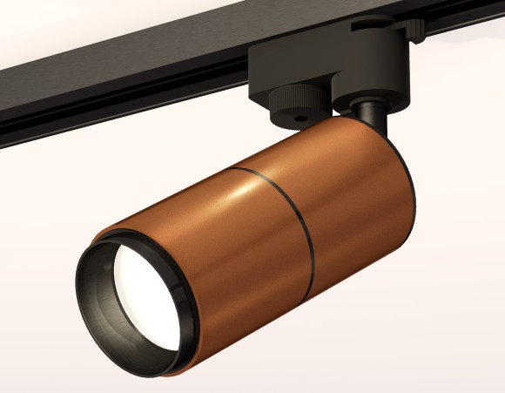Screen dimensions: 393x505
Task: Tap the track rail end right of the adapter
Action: tap(470, 30)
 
